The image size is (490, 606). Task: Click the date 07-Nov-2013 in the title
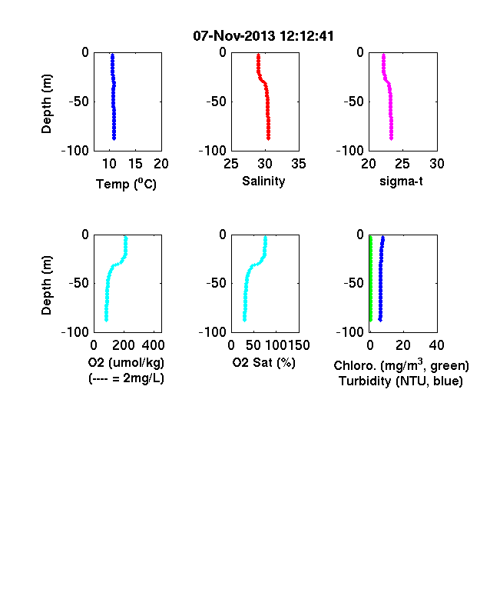(x=234, y=36)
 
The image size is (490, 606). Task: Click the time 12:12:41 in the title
(x=306, y=36)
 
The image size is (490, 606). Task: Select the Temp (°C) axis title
(x=126, y=184)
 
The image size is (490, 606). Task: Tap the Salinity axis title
(x=263, y=181)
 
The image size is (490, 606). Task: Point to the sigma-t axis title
(x=401, y=181)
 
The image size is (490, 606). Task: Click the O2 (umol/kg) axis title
(x=126, y=362)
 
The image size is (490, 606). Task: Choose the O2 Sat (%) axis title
(x=264, y=362)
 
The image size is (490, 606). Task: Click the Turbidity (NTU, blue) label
(x=401, y=381)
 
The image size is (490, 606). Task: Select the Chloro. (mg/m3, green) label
(x=401, y=365)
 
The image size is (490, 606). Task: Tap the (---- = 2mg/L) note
(x=126, y=378)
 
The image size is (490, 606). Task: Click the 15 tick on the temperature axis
(x=135, y=164)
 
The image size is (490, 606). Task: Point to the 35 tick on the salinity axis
(x=299, y=164)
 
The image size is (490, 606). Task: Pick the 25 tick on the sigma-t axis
(x=402, y=164)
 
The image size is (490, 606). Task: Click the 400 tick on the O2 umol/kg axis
(x=153, y=345)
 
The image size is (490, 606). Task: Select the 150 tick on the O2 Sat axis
(x=299, y=345)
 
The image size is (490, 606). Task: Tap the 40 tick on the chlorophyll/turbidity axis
(x=436, y=345)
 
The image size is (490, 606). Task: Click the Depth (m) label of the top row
(x=46, y=104)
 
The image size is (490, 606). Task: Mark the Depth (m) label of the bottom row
(x=46, y=285)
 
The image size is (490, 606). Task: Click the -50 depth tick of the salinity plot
(x=216, y=102)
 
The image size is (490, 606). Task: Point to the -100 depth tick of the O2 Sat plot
(x=213, y=332)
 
